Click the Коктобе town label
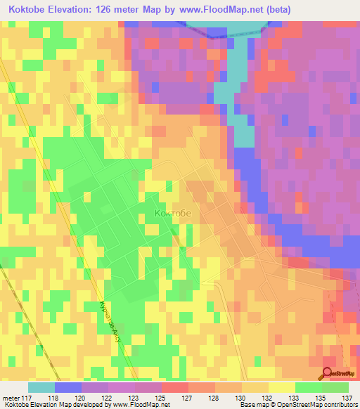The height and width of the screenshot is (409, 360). click(172, 212)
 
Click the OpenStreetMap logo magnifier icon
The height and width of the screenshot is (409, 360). click(328, 374)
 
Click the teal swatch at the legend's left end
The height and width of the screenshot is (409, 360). click(41, 387)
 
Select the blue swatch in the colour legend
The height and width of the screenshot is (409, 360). click(67, 387)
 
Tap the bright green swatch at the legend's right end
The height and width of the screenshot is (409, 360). click(335, 387)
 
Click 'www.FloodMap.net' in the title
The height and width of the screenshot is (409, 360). click(219, 9)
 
